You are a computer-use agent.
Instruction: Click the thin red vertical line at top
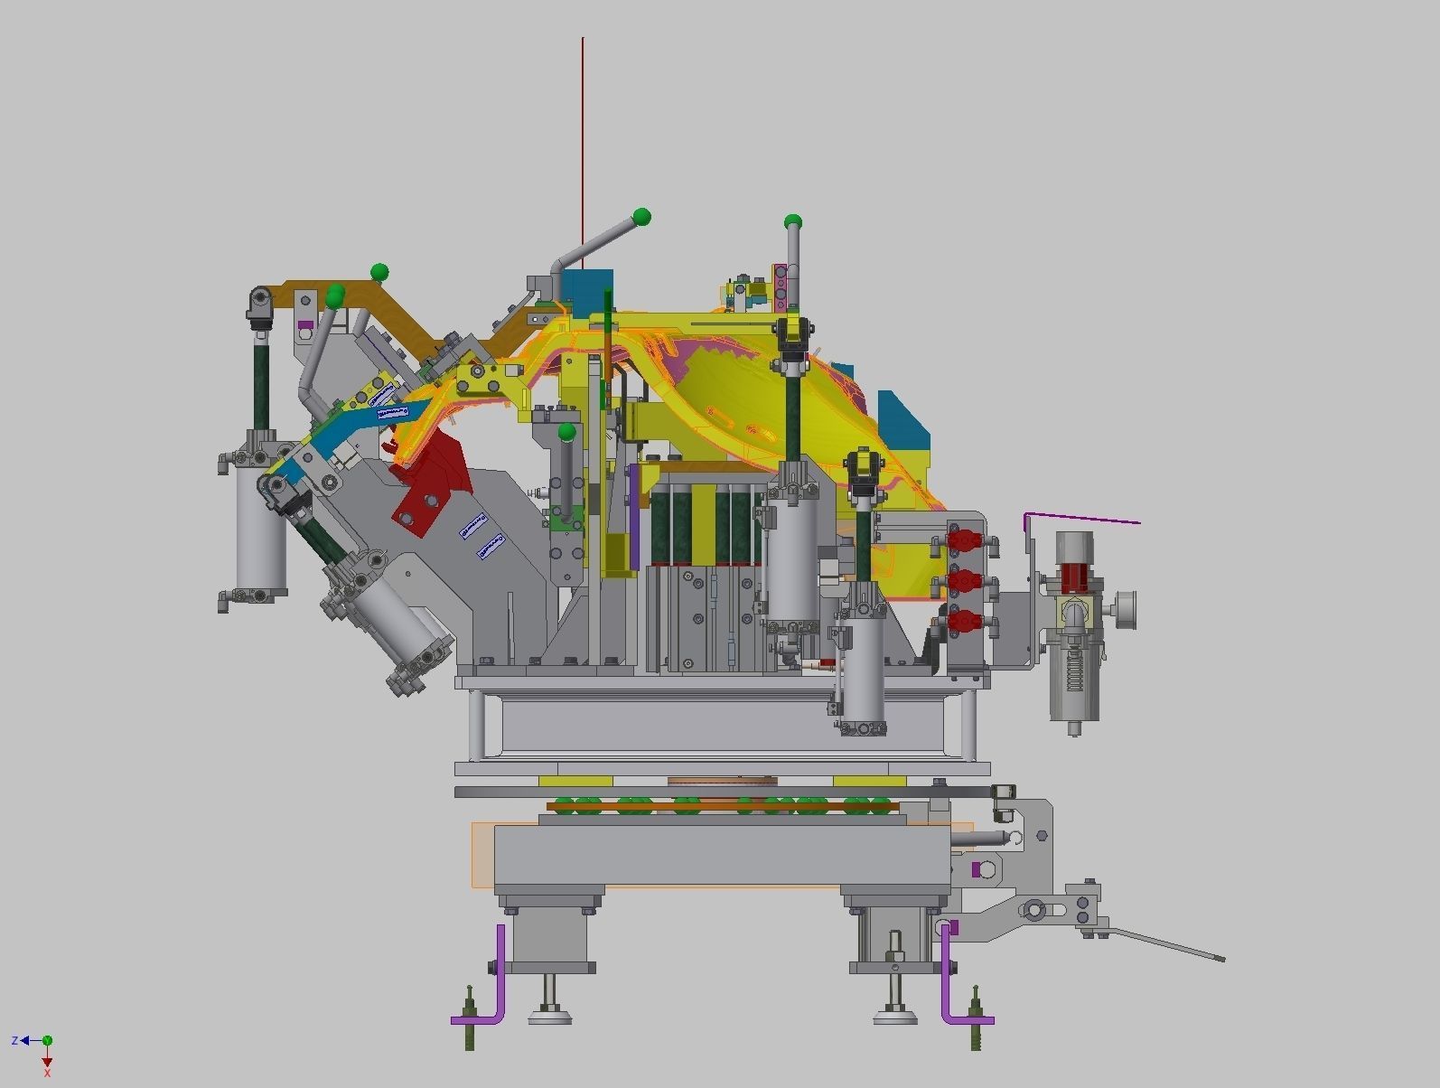coord(583,136)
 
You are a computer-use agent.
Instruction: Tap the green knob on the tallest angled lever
coord(642,217)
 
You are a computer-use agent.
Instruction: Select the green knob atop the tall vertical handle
coord(792,221)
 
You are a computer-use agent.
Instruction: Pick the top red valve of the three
coord(964,541)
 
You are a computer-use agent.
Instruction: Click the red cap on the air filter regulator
coord(1075,576)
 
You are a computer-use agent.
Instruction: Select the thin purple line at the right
coord(1084,519)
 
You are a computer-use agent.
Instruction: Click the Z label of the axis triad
coord(14,1041)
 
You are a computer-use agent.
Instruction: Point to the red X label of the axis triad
coord(47,1073)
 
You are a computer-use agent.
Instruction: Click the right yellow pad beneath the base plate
coord(869,781)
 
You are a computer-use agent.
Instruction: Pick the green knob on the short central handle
coord(566,433)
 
